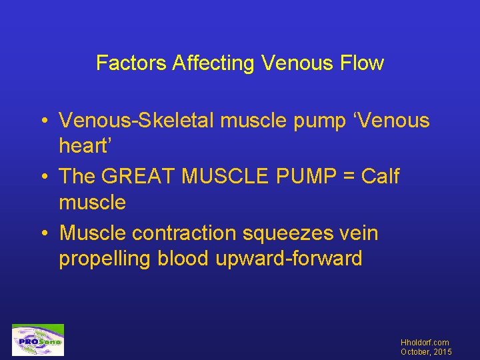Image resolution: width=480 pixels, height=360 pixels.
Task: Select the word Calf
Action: point(380,177)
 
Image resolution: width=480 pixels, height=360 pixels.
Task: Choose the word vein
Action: point(359,233)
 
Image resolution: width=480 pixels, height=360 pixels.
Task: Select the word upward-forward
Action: point(289,259)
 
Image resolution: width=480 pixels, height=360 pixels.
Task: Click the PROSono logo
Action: point(38,341)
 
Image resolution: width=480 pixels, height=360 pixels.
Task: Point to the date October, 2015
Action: point(427,351)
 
